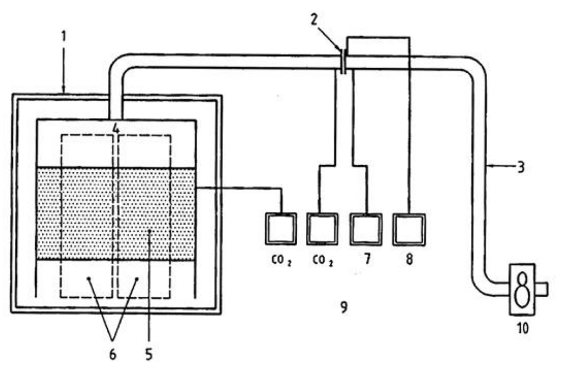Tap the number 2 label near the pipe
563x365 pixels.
coord(315,20)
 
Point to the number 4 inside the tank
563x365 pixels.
coord(116,128)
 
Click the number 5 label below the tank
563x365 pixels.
coord(149,355)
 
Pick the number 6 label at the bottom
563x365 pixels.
coord(113,355)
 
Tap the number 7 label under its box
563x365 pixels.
coord(367,259)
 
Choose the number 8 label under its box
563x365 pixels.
coord(409,259)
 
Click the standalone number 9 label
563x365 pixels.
coord(343,307)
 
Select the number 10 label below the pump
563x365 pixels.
coord(522,328)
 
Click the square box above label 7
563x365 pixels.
coord(366,229)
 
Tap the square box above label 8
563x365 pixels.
coord(409,229)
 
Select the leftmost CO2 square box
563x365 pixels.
coord(281,229)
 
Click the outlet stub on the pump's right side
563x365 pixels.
coord(542,289)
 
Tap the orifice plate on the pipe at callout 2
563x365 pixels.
coord(343,62)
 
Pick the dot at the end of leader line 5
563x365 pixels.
coord(149,232)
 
